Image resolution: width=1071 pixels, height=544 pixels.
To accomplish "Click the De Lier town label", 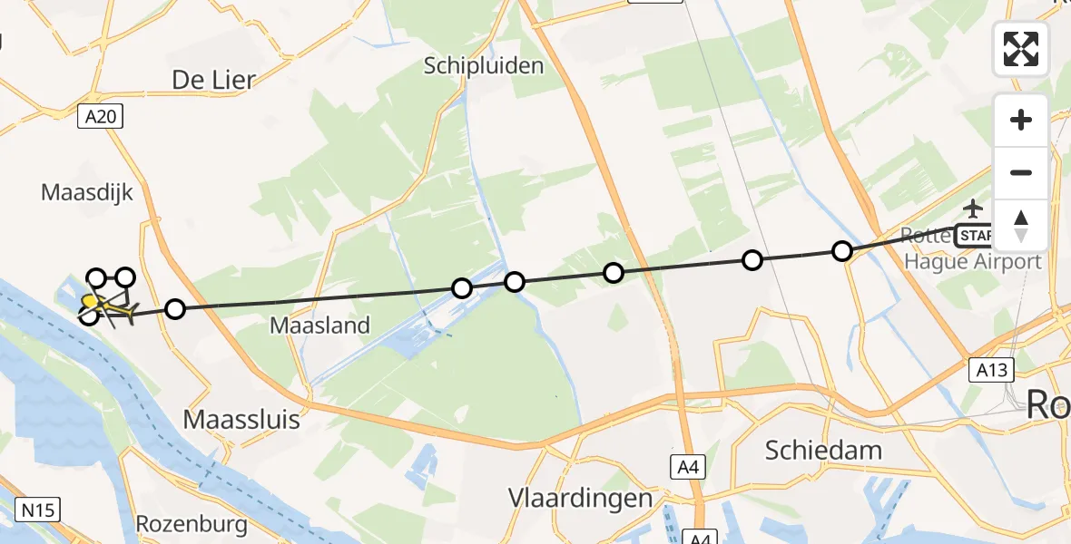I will point(213,80).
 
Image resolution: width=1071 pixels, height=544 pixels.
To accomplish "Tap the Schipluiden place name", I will point(485,65).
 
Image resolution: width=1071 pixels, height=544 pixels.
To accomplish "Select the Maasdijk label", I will point(87,192).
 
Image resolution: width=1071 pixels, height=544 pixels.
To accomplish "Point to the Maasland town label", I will point(319,325).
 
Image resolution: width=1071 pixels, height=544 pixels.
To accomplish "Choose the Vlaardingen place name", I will point(580,498).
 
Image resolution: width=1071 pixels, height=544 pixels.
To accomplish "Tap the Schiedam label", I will point(823,450).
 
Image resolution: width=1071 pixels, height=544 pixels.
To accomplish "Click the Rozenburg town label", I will point(192,524).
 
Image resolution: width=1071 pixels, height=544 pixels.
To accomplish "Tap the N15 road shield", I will point(37,510).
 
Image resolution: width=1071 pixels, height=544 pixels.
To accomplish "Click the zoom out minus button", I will point(1021,172).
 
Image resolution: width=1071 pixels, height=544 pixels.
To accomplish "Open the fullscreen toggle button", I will point(1021,49).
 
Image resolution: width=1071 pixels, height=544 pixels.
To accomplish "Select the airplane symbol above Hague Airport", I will point(974,209).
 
